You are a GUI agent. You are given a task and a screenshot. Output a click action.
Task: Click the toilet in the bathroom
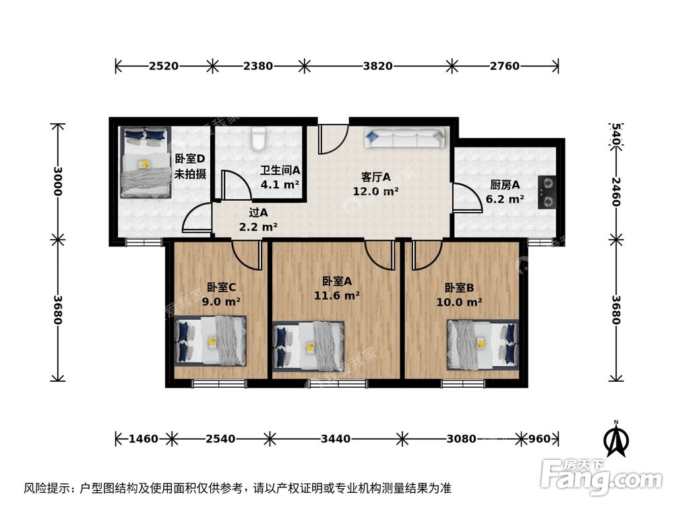[257, 138]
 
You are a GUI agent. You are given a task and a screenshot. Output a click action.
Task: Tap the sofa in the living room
[404, 138]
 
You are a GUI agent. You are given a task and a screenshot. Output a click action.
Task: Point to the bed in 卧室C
[211, 341]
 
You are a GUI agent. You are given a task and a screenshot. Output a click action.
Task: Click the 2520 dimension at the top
[164, 66]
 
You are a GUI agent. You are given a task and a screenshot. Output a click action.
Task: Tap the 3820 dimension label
[377, 66]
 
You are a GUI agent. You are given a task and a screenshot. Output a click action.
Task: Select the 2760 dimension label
[505, 66]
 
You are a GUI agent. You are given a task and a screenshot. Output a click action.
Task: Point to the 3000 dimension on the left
[58, 180]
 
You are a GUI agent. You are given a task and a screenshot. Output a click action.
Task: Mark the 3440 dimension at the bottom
[335, 439]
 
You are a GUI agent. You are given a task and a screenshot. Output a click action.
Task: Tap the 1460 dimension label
[144, 439]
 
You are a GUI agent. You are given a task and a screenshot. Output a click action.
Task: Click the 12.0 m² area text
[376, 191]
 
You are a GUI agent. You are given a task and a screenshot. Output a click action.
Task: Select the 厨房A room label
[505, 185]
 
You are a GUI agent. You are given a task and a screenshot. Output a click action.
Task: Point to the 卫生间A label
[280, 170]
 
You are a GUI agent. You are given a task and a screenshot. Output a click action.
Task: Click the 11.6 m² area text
[336, 295]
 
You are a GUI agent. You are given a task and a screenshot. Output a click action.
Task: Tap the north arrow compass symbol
[615, 439]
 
